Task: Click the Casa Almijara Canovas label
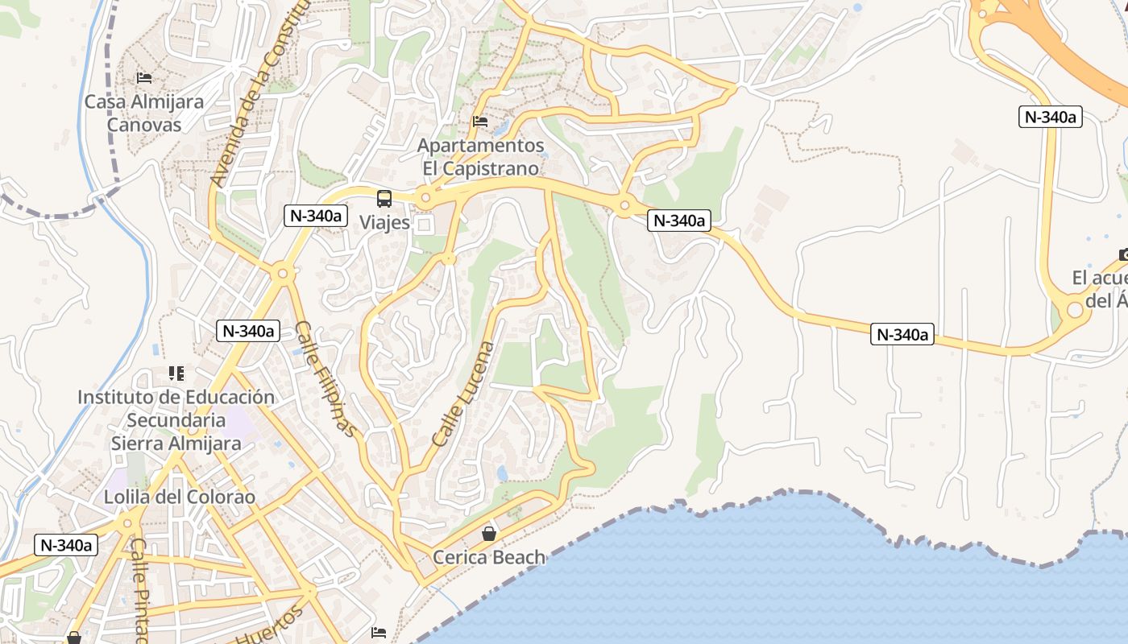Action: pyautogui.click(x=144, y=114)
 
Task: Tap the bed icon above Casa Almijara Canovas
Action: pyautogui.click(x=144, y=78)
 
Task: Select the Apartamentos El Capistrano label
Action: pyautogui.click(x=481, y=157)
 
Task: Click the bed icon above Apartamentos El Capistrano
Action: pyautogui.click(x=480, y=122)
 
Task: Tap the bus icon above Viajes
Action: pyautogui.click(x=384, y=198)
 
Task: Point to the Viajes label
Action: pyautogui.click(x=384, y=223)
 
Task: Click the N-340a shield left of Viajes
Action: pyautogui.click(x=316, y=216)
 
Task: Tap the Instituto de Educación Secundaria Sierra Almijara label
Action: pyautogui.click(x=176, y=419)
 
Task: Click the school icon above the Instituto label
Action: pyautogui.click(x=176, y=374)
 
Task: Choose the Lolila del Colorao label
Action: pyautogui.click(x=180, y=497)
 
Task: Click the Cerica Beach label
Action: pyautogui.click(x=489, y=557)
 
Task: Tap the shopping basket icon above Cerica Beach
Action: pyautogui.click(x=489, y=533)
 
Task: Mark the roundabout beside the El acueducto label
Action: pyautogui.click(x=1075, y=310)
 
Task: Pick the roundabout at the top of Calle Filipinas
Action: pyautogui.click(x=283, y=274)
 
